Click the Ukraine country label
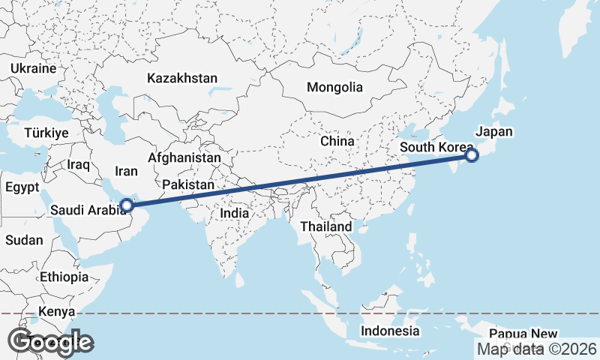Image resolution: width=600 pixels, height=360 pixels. tap(33, 68)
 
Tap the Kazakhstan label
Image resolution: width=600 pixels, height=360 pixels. tap(182, 78)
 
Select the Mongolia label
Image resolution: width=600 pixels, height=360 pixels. tap(334, 87)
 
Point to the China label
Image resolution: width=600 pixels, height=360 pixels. tap(337, 141)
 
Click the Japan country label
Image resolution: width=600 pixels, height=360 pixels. tap(494, 131)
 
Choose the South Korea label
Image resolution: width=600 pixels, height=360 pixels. tap(436, 147)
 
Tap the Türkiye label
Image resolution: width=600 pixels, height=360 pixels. tap(46, 132)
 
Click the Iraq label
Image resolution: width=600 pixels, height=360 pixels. tap(78, 163)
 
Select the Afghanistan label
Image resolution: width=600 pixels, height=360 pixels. tap(184, 158)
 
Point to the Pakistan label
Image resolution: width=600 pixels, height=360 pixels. tap(188, 184)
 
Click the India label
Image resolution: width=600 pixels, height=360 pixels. tap(235, 213)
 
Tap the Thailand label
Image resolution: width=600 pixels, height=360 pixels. tap(326, 226)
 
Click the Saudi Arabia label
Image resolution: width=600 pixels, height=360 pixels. tap(88, 211)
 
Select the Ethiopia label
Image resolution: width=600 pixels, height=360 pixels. tap(64, 277)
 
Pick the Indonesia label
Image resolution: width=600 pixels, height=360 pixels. tap(390, 331)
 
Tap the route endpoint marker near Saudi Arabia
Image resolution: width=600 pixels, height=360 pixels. tap(127, 204)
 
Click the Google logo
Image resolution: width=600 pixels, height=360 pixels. tap(50, 342)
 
